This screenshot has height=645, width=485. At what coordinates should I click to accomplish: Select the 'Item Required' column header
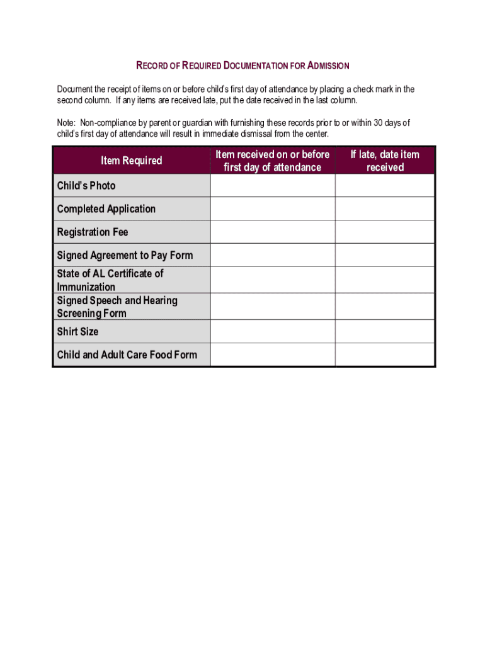(x=131, y=161)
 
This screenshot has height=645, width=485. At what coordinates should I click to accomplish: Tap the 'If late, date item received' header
(x=385, y=161)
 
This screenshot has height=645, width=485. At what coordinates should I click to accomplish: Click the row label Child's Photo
(x=86, y=186)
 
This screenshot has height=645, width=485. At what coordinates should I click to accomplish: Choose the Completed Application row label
(x=106, y=208)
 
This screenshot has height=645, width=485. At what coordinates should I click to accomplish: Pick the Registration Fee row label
(x=92, y=232)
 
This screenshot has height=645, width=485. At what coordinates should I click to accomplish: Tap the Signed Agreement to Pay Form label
(x=125, y=255)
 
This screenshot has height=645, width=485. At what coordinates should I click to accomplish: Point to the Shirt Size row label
(x=77, y=331)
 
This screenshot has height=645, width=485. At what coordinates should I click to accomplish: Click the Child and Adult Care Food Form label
(x=127, y=355)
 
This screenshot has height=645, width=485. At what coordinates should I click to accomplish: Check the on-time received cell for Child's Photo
(x=272, y=186)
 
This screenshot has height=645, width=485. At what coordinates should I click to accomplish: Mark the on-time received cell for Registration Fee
(x=272, y=232)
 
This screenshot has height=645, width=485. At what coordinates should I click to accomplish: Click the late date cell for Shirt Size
(x=385, y=331)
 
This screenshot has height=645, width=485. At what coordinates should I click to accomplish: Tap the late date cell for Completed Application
(x=385, y=208)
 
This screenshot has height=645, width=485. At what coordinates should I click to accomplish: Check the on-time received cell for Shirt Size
(x=272, y=331)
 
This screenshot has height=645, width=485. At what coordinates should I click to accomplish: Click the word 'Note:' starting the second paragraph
(x=66, y=123)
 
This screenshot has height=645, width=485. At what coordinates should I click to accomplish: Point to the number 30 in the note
(x=380, y=123)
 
